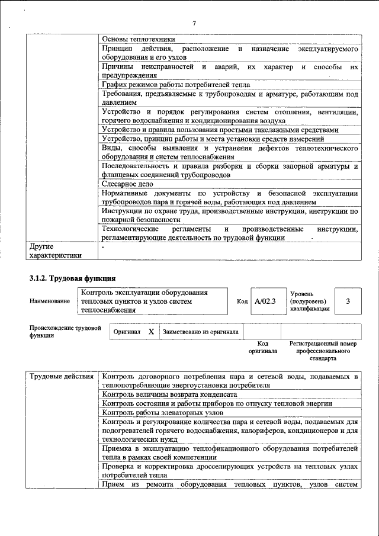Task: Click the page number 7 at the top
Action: click(x=194, y=23)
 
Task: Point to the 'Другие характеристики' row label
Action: click(x=55, y=251)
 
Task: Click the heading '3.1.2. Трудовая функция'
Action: click(x=72, y=278)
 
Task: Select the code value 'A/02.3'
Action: click(x=265, y=301)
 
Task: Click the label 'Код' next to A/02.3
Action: click(x=242, y=301)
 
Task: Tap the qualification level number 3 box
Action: click(x=348, y=301)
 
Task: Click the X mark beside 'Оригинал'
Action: click(x=151, y=332)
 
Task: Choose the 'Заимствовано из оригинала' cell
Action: click(x=200, y=332)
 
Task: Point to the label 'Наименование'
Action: click(x=50, y=301)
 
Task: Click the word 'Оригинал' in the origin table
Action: click(x=127, y=332)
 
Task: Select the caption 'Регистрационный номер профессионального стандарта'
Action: click(x=323, y=351)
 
